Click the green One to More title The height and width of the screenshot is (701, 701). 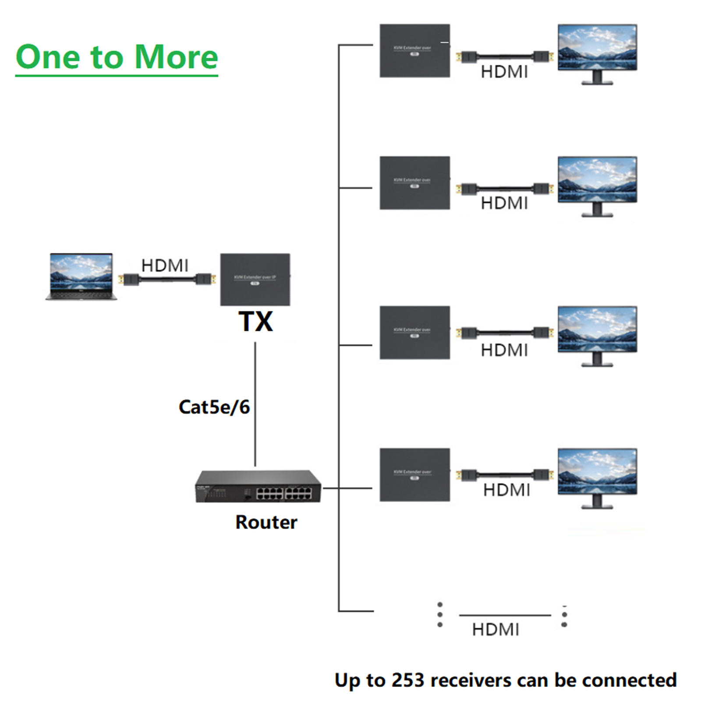[x=117, y=57]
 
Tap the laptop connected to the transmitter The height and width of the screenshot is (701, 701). [x=81, y=276]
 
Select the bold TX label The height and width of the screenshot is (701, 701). [x=255, y=322]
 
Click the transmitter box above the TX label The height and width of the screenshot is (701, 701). [x=255, y=279]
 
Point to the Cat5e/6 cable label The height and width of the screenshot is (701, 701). [x=214, y=407]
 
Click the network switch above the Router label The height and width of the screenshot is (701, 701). [x=258, y=487]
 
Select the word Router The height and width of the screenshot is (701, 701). [x=266, y=522]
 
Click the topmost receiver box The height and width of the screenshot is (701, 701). [x=414, y=51]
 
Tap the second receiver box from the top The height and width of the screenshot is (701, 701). [x=414, y=183]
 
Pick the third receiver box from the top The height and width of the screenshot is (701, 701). [x=414, y=333]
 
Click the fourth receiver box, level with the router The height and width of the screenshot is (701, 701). [x=414, y=474]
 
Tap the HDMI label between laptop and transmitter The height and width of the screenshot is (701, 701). [x=165, y=266]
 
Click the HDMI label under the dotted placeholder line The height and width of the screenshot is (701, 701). [x=496, y=630]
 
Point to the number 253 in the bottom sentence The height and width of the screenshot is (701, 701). [x=407, y=680]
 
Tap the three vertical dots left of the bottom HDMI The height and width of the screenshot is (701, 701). [x=440, y=615]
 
